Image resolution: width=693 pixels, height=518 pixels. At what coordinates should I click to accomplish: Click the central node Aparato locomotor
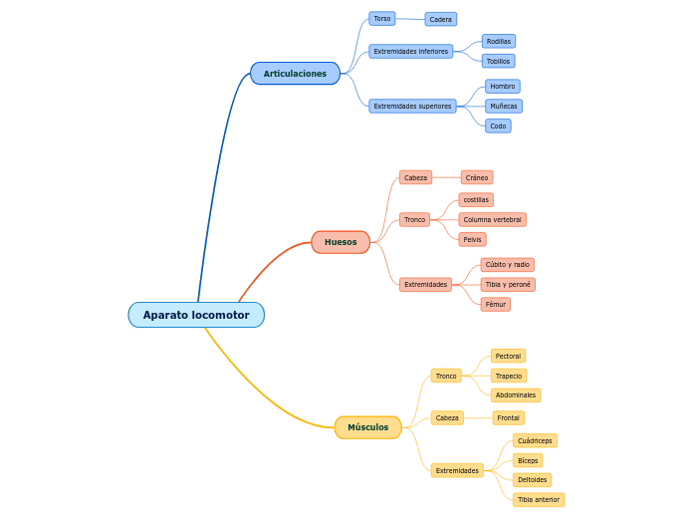196,315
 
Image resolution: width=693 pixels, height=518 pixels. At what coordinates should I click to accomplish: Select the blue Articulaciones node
295,74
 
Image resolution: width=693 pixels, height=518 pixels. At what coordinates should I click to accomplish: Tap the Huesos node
341,242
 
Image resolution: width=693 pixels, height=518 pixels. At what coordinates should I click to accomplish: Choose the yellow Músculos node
368,427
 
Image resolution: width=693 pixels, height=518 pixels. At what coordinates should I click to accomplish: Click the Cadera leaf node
440,19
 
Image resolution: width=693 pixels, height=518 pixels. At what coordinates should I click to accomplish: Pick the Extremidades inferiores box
410,51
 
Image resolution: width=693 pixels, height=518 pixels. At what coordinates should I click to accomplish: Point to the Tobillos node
498,61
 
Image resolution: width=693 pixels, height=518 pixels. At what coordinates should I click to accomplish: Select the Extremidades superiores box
412,106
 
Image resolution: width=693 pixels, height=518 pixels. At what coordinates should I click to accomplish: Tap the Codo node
498,126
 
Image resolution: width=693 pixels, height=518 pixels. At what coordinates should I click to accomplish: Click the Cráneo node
477,177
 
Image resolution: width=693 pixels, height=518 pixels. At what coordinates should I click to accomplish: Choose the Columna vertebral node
492,219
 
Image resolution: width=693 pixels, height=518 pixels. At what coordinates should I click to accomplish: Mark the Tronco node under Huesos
414,219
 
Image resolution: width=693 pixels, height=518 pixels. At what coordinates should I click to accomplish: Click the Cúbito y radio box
507,265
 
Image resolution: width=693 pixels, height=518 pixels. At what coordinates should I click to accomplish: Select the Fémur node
495,304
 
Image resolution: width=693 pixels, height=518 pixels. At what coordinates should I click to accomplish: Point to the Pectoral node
508,356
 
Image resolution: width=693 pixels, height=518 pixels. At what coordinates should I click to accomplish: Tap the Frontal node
508,418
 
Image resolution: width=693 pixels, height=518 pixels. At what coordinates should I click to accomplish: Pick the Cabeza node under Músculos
447,418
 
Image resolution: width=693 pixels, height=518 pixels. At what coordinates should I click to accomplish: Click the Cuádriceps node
535,440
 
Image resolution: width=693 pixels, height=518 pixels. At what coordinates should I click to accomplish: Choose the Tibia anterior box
539,499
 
